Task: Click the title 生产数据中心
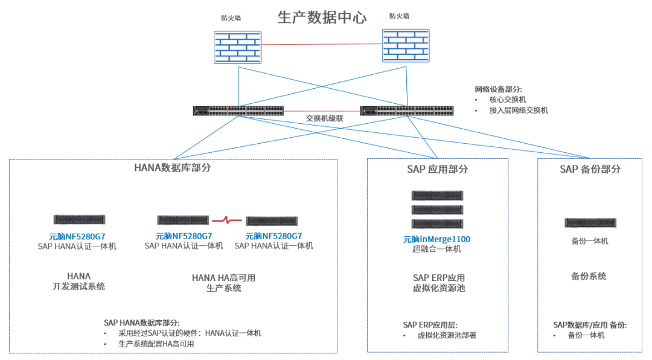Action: [x=322, y=17]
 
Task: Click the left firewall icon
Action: [x=238, y=47]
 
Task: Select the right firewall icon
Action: [x=405, y=45]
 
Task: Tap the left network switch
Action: [x=238, y=111]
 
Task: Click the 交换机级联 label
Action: [x=324, y=118]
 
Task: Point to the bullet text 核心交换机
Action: [x=508, y=99]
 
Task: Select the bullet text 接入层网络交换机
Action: [x=519, y=111]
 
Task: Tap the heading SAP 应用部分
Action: [x=437, y=169]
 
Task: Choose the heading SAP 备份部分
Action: [x=590, y=169]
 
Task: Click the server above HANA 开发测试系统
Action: [x=79, y=220]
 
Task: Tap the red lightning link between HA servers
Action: [x=227, y=220]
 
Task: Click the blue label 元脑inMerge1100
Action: [x=436, y=239]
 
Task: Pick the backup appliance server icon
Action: [x=590, y=222]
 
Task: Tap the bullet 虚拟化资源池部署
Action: [x=447, y=335]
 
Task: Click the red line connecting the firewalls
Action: [x=322, y=44]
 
